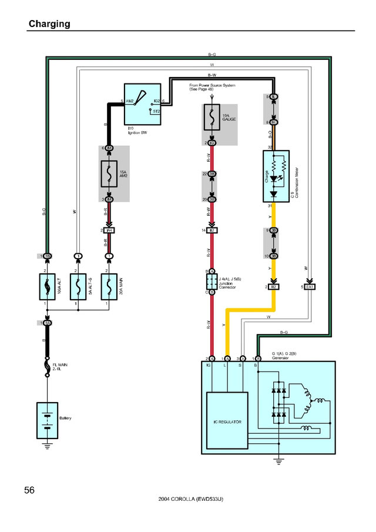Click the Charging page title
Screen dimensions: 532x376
[x=49, y=24]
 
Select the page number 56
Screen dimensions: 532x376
[x=32, y=490]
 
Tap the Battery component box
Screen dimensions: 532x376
[x=47, y=420]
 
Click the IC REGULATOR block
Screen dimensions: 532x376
[x=227, y=422]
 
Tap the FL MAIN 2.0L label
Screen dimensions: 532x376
[x=59, y=367]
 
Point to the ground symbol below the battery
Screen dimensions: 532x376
[x=47, y=446]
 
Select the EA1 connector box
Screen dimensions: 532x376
[x=311, y=287]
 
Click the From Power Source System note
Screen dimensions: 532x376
[x=212, y=87]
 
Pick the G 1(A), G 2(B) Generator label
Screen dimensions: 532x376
[x=287, y=355]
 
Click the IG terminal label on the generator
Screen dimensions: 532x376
[x=209, y=365]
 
